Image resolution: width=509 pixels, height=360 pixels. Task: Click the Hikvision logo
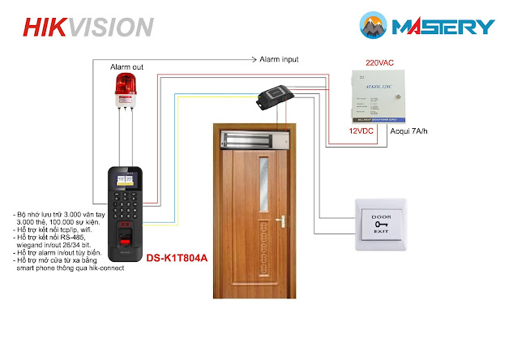88,27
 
